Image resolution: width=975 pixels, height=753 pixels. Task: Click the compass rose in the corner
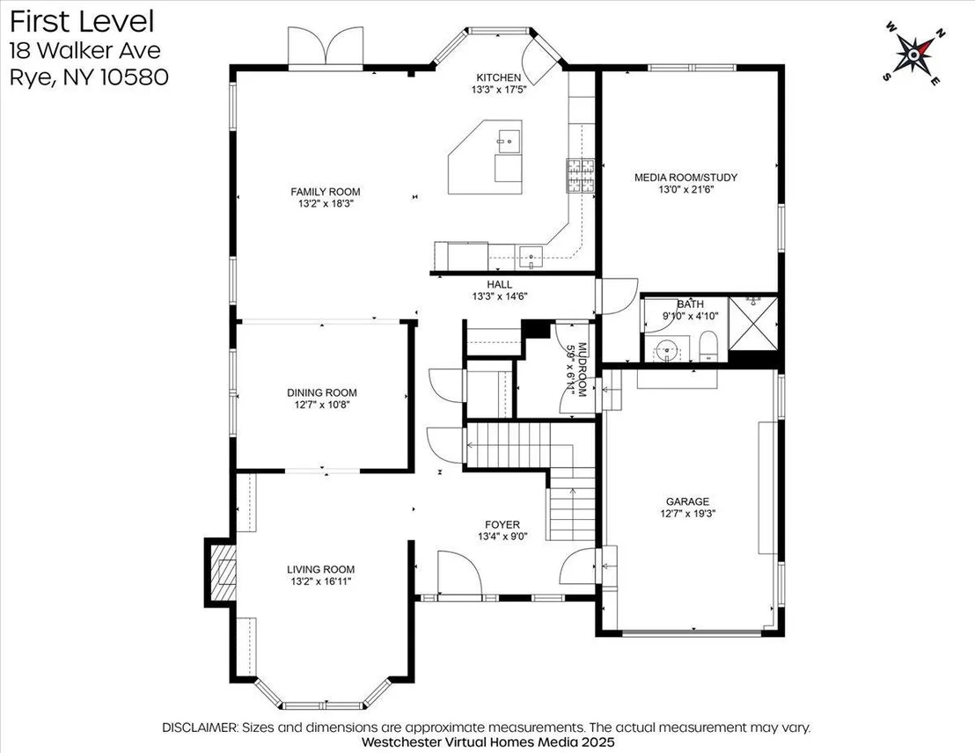pyautogui.click(x=913, y=55)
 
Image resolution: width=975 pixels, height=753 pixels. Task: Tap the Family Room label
pyautogui.click(x=326, y=192)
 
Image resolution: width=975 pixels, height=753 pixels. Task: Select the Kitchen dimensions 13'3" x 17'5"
pyautogui.click(x=499, y=90)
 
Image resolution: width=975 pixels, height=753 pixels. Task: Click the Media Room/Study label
pyautogui.click(x=685, y=177)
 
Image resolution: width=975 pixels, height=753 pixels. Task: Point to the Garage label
pyautogui.click(x=688, y=501)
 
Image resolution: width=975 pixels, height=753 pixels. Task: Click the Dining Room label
pyautogui.click(x=322, y=392)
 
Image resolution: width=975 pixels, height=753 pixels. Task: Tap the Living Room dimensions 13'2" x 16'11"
pyautogui.click(x=321, y=581)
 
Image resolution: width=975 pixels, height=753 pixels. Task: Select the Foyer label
pyautogui.click(x=502, y=525)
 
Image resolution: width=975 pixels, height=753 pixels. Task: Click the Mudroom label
pyautogui.click(x=583, y=369)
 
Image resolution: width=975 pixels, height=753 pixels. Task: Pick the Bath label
pyautogui.click(x=690, y=304)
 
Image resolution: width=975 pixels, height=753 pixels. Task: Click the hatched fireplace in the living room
pyautogui.click(x=223, y=572)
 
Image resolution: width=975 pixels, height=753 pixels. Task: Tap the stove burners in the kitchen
pyautogui.click(x=580, y=175)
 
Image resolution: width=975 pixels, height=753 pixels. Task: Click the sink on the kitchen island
pyautogui.click(x=509, y=141)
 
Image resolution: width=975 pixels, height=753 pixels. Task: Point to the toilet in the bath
pyautogui.click(x=709, y=347)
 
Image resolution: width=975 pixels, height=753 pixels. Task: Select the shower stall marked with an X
pyautogui.click(x=752, y=324)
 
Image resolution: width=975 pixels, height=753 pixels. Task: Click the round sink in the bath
pyautogui.click(x=668, y=350)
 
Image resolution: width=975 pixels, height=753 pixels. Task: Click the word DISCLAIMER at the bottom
pyautogui.click(x=200, y=727)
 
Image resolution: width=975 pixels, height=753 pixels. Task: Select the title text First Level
pyautogui.click(x=82, y=21)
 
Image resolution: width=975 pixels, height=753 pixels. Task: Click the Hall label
pyautogui.click(x=499, y=285)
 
